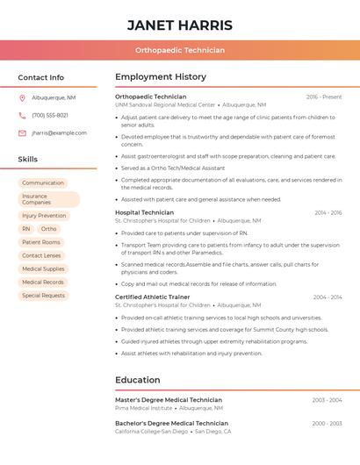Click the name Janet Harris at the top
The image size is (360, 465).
coord(180,25)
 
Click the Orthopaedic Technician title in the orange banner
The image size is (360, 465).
coord(180,50)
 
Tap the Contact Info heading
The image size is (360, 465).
coord(40,77)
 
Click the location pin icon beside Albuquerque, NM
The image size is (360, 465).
coord(22,98)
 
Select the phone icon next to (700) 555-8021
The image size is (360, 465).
coord(22,116)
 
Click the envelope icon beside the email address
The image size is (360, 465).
coord(22,133)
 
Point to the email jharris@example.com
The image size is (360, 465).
coord(59,133)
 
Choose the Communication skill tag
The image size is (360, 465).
coord(43,183)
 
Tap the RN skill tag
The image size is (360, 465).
coord(26,229)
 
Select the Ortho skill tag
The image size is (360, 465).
coord(48,229)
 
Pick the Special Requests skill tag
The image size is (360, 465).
coord(43,296)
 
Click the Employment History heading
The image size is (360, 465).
coord(161,77)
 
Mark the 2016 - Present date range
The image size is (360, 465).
coord(324,97)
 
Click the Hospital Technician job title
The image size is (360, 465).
coord(144,212)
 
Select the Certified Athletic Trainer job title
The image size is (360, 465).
coord(152,297)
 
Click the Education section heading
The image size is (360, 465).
coord(137,380)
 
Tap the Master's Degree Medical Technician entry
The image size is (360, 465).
coord(169,400)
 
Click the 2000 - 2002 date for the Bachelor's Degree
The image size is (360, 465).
coord(327,424)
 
